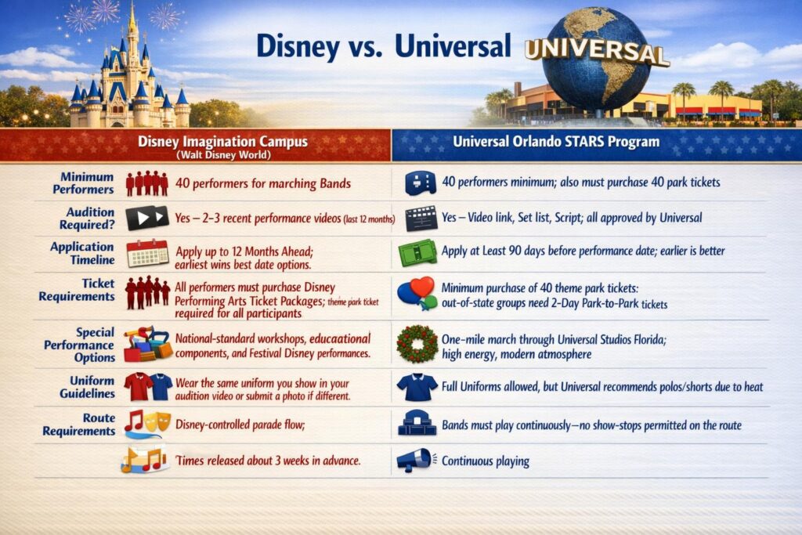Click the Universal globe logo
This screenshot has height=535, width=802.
(x=596, y=57)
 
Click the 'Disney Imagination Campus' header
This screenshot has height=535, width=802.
(x=222, y=141)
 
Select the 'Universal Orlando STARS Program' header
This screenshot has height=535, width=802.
(x=556, y=141)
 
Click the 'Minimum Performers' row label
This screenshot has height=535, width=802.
(x=83, y=183)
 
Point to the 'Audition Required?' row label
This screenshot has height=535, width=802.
(x=87, y=219)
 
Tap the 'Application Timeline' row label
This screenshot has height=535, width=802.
(x=82, y=253)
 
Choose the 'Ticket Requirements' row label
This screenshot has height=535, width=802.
(x=77, y=290)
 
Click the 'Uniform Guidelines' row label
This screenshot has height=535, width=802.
(x=87, y=387)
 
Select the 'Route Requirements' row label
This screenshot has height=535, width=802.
(x=79, y=425)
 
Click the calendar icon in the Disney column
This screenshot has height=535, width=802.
(x=147, y=253)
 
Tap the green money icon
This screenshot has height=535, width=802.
(x=418, y=253)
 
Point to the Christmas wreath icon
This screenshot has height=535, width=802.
(x=417, y=344)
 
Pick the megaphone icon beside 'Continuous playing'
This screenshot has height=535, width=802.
(x=415, y=461)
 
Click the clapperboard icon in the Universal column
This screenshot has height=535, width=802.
(x=421, y=219)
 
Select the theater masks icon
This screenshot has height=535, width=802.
(x=157, y=422)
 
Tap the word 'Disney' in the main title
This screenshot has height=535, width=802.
(x=298, y=46)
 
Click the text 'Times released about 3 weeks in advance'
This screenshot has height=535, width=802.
(x=268, y=461)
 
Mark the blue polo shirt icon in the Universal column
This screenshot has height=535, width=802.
(x=417, y=387)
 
